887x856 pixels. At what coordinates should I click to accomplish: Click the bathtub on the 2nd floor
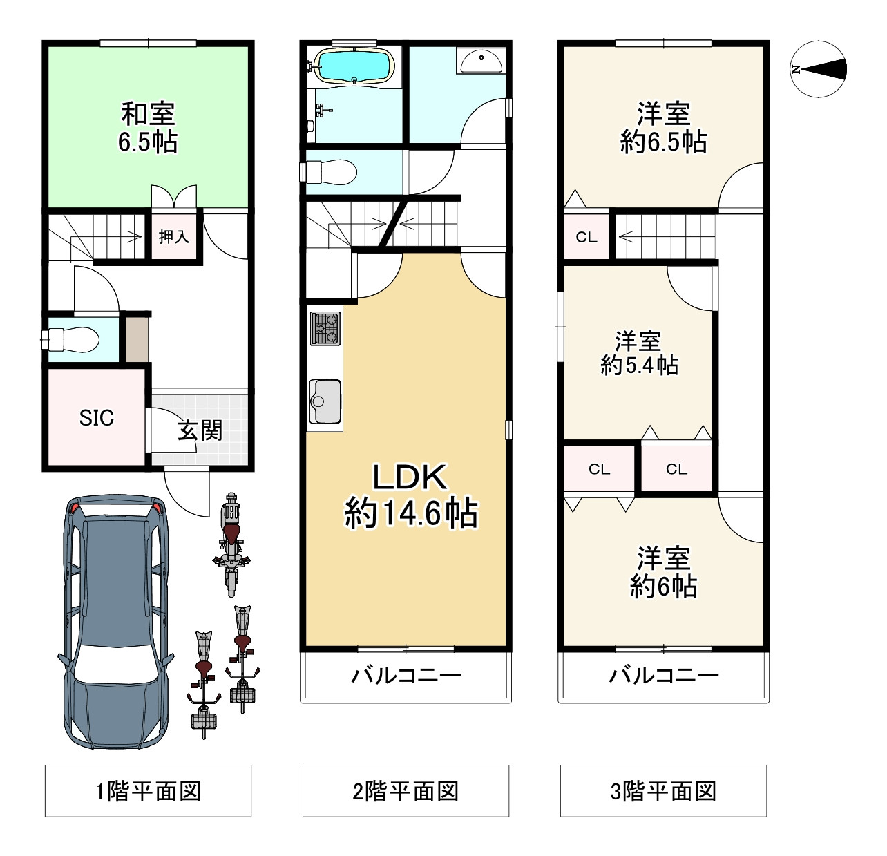click(x=354, y=66)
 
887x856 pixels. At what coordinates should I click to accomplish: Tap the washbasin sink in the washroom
click(x=480, y=61)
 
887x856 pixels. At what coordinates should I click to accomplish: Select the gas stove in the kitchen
click(x=325, y=328)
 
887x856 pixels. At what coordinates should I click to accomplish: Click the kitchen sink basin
click(x=325, y=401)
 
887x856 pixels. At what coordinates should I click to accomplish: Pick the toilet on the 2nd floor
click(x=329, y=172)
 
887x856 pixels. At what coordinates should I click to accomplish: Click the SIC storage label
click(x=96, y=417)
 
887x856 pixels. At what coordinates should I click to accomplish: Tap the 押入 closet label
click(x=173, y=236)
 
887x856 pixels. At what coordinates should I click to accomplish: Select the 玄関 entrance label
click(x=200, y=430)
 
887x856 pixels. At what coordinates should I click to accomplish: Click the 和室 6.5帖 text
click(x=148, y=128)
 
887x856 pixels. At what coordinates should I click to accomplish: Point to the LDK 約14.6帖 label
click(x=410, y=495)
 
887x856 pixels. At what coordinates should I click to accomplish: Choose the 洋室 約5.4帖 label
click(x=639, y=353)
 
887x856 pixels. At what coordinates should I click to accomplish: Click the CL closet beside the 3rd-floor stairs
click(x=586, y=237)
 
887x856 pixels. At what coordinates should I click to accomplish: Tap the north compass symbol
click(x=818, y=69)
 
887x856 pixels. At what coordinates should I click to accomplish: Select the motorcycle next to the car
click(x=231, y=544)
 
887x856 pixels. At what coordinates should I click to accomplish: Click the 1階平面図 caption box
click(x=148, y=791)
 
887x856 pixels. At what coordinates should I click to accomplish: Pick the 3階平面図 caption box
click(x=663, y=791)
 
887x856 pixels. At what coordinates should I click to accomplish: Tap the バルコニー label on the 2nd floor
click(x=406, y=675)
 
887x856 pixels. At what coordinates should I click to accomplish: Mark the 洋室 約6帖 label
click(x=663, y=572)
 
